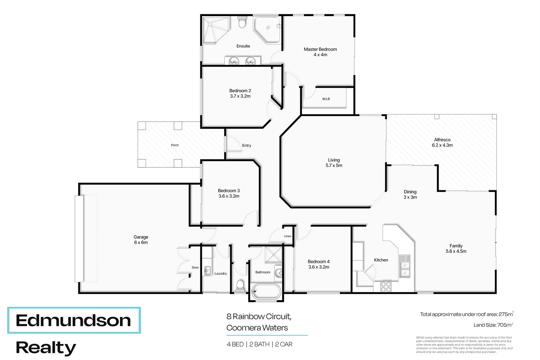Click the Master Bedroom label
click(x=320, y=49)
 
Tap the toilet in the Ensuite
click(x=242, y=24)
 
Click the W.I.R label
click(x=326, y=99)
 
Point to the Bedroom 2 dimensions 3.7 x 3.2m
click(x=240, y=96)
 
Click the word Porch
click(x=175, y=145)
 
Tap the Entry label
click(x=246, y=145)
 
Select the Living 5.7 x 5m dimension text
click(x=334, y=166)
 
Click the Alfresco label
click(x=442, y=140)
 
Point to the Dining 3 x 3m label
click(x=410, y=194)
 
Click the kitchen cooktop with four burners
click(x=386, y=287)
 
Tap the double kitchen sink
click(x=404, y=270)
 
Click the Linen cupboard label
click(x=287, y=236)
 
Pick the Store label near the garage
click(x=195, y=267)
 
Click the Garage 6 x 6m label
click(x=141, y=240)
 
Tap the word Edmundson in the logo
click(x=73, y=320)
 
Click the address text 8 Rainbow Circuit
click(x=259, y=316)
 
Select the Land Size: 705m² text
click(x=493, y=325)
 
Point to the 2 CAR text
click(x=284, y=344)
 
